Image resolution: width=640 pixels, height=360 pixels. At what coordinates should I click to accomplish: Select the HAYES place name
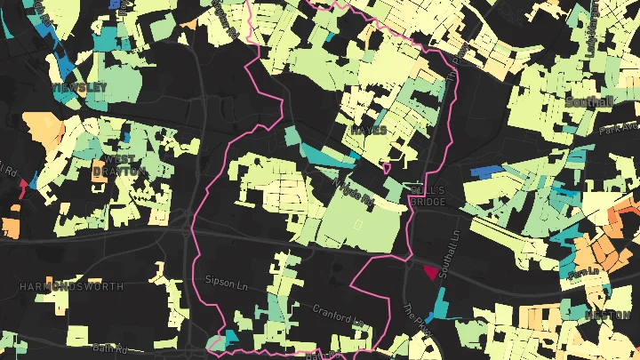click(x=369, y=130)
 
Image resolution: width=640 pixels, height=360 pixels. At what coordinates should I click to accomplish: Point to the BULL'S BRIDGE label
click(x=428, y=196)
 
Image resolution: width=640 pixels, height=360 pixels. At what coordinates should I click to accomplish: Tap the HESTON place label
click(x=609, y=315)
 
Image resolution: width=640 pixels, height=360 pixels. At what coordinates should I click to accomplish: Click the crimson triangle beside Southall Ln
click(x=432, y=272)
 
